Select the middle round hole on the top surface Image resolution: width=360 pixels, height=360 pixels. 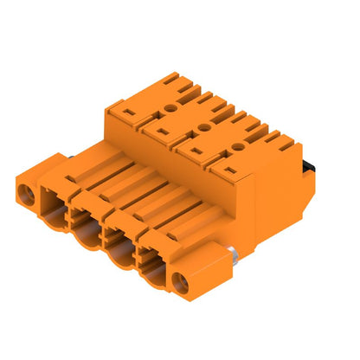(x=202, y=127)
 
